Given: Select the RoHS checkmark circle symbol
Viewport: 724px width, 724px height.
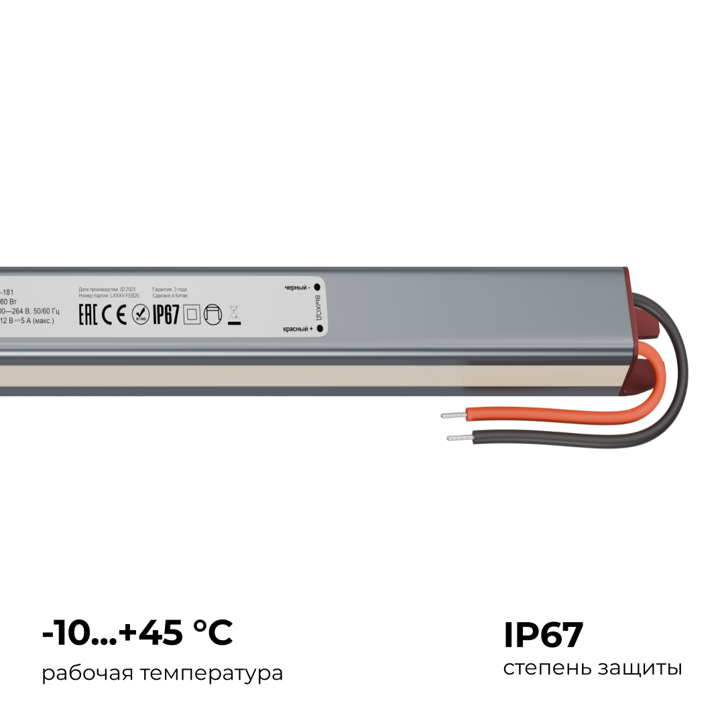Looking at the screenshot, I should (141, 314).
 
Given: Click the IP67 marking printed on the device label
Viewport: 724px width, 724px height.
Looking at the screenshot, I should (166, 314).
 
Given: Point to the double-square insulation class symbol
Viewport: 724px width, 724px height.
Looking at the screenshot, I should (192, 314).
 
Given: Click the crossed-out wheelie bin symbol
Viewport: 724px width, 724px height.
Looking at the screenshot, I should (234, 314).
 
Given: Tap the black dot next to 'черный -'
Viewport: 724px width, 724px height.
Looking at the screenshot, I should (317, 287).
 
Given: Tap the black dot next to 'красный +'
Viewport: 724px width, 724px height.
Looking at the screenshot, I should (319, 328).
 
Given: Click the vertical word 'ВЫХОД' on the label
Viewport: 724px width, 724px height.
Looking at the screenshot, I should (318, 308).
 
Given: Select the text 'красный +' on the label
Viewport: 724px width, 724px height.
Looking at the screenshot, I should (298, 329).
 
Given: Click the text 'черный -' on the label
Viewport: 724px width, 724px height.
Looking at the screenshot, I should (297, 288).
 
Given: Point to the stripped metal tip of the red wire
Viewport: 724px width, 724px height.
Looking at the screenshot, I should (452, 416).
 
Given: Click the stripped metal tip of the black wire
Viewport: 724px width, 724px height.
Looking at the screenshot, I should (459, 438).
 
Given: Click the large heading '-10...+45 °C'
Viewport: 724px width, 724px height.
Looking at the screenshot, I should (137, 633).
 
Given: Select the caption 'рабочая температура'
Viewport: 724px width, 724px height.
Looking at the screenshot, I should (162, 673).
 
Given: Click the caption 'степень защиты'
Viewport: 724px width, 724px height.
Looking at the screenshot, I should (593, 668).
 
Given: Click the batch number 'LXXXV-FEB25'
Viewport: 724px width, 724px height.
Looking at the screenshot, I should (124, 295).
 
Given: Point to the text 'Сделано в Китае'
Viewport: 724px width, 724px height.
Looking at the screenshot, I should (170, 295).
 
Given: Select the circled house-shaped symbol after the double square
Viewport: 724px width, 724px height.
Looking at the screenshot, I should (213, 314).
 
